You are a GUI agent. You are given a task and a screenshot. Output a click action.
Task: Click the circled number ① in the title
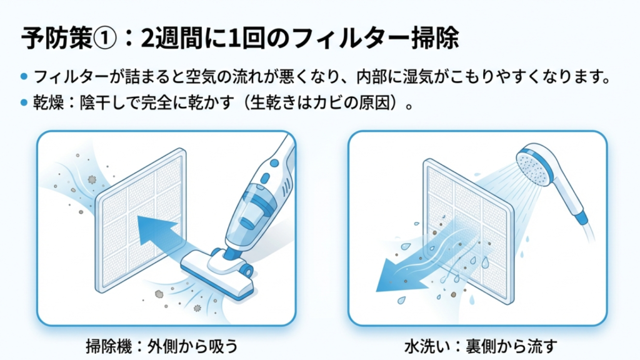(105, 39)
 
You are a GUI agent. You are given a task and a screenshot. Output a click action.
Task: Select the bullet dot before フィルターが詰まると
(24, 76)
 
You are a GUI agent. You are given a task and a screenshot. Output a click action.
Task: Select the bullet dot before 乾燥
(24, 102)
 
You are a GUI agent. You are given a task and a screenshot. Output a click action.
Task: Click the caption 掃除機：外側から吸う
(162, 346)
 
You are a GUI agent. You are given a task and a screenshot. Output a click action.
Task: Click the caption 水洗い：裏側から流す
(481, 346)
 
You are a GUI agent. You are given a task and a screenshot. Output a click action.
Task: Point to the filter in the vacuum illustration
(141, 221)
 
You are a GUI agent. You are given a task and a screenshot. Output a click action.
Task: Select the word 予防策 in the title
(56, 39)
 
